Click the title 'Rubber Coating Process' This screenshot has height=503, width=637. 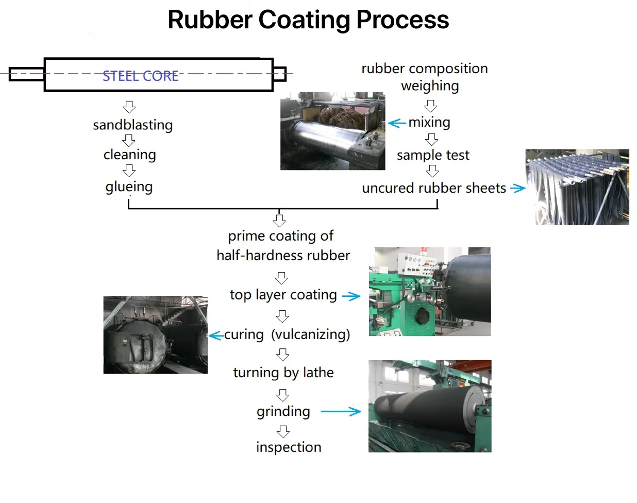[308, 20]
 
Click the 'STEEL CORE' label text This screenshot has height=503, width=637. [140, 76]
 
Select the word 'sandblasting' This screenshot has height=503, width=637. [132, 125]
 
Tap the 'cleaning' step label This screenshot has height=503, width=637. [129, 155]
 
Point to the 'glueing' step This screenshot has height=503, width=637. [129, 187]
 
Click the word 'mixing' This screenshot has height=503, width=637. [429, 123]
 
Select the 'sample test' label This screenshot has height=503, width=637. [433, 155]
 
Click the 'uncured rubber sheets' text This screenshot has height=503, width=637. [434, 188]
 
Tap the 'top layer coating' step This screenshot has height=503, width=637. [283, 295]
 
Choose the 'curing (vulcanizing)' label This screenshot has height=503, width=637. [287, 334]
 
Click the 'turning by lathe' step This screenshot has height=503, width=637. [283, 373]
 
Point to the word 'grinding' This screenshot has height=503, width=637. [283, 411]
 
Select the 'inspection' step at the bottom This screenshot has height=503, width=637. [288, 447]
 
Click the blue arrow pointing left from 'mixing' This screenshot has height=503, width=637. [397, 123]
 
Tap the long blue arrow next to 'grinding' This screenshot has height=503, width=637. [341, 411]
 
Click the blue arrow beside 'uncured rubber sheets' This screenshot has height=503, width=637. [517, 189]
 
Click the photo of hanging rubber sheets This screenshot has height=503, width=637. [577, 187]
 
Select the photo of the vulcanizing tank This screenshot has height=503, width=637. [155, 334]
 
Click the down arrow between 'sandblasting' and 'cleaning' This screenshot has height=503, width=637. [129, 140]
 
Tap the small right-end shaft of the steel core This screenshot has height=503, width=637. [279, 74]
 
